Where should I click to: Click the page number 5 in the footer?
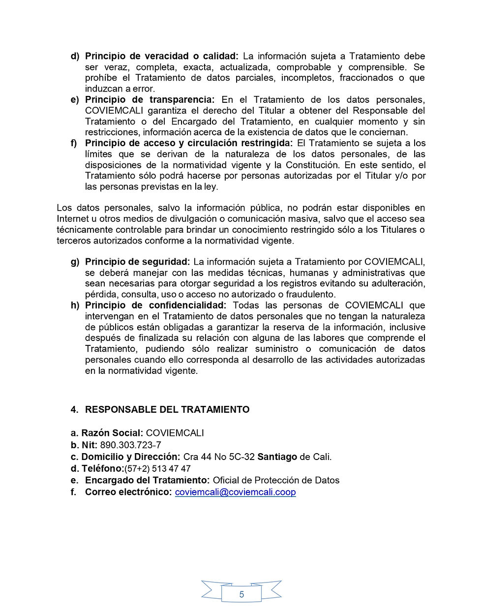click(241, 594)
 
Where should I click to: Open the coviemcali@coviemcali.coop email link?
click(235, 492)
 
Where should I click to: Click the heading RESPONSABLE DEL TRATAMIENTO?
click(167, 409)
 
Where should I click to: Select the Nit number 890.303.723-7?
click(130, 445)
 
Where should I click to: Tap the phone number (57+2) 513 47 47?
click(157, 468)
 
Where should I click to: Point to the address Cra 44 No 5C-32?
click(219, 457)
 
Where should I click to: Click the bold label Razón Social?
click(112, 433)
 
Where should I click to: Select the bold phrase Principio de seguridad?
click(137, 262)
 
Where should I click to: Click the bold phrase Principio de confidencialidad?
click(155, 305)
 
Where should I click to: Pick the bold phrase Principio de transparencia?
click(150, 99)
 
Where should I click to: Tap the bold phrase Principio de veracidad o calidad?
click(161, 56)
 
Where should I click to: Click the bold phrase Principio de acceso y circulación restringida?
click(188, 143)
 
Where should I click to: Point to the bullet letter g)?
click(75, 262)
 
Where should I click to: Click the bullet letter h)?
click(75, 305)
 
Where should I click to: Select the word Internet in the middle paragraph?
click(72, 219)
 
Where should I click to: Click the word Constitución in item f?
click(312, 165)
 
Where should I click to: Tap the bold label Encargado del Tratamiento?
click(148, 480)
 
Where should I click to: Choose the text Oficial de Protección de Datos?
click(276, 480)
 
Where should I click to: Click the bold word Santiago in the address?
click(277, 457)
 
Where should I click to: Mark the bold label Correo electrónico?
click(128, 492)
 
